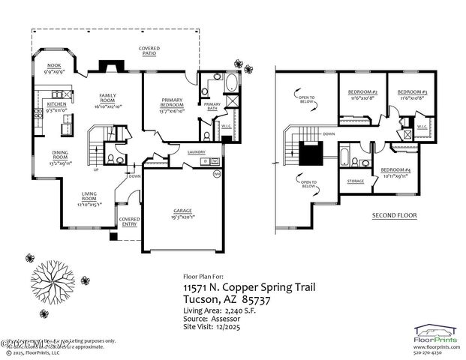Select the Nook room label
(x=54, y=68)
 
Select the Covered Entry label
(x=130, y=222)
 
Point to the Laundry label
(x=197, y=153)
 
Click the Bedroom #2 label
(x=362, y=95)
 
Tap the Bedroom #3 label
(x=412, y=95)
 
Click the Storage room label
(x=355, y=181)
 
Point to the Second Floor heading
(x=394, y=216)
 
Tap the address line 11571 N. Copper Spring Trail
(x=249, y=287)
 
